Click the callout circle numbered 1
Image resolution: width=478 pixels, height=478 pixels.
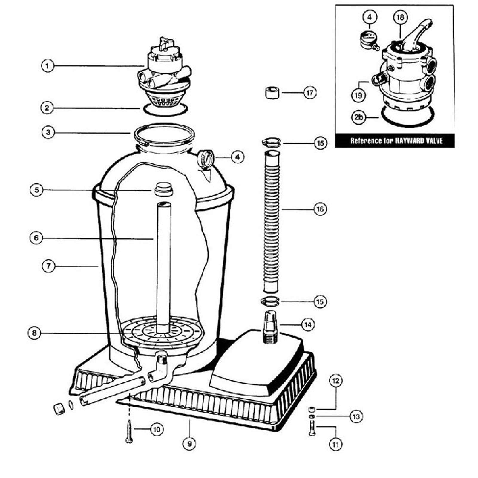pyautogui.click(x=47, y=66)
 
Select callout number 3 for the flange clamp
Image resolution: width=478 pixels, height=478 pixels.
pyautogui.click(x=48, y=132)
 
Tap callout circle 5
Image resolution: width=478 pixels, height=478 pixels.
pyautogui.click(x=37, y=190)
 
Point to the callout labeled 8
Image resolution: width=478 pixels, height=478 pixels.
pyautogui.click(x=34, y=333)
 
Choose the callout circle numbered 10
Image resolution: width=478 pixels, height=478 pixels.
pyautogui.click(x=157, y=430)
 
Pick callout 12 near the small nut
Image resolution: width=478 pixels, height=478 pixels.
pyautogui.click(x=336, y=381)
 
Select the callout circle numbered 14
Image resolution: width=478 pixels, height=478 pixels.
pyautogui.click(x=308, y=324)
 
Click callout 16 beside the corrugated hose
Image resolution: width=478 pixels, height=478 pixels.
pyautogui.click(x=320, y=209)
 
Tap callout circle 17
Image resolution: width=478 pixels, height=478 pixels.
pyautogui.click(x=310, y=93)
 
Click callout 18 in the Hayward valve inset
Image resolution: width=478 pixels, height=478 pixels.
pyautogui.click(x=400, y=17)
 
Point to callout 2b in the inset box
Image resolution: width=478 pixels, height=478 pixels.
pyautogui.click(x=358, y=117)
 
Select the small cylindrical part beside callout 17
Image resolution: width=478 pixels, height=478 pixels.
pyautogui.click(x=272, y=93)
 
